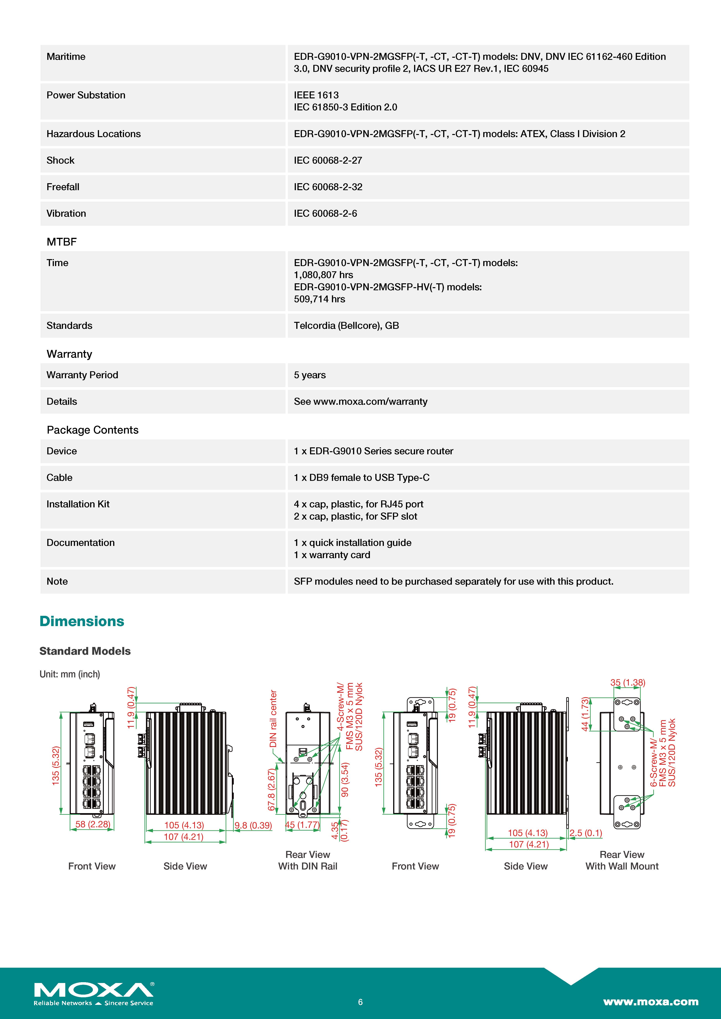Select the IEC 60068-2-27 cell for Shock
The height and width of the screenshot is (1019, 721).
click(x=328, y=160)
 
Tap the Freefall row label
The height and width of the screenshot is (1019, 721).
click(x=63, y=187)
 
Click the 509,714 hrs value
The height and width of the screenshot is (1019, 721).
click(x=319, y=299)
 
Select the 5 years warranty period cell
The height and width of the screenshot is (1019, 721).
click(x=309, y=375)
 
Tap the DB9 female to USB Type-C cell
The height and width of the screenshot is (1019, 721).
click(x=361, y=478)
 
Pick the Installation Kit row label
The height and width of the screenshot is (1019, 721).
click(x=78, y=504)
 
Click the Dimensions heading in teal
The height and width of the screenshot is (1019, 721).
click(x=82, y=621)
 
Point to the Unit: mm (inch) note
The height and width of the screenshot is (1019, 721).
click(x=70, y=674)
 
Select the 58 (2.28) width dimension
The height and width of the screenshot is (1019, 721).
click(x=92, y=824)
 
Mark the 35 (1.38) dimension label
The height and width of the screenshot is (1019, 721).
click(x=627, y=683)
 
